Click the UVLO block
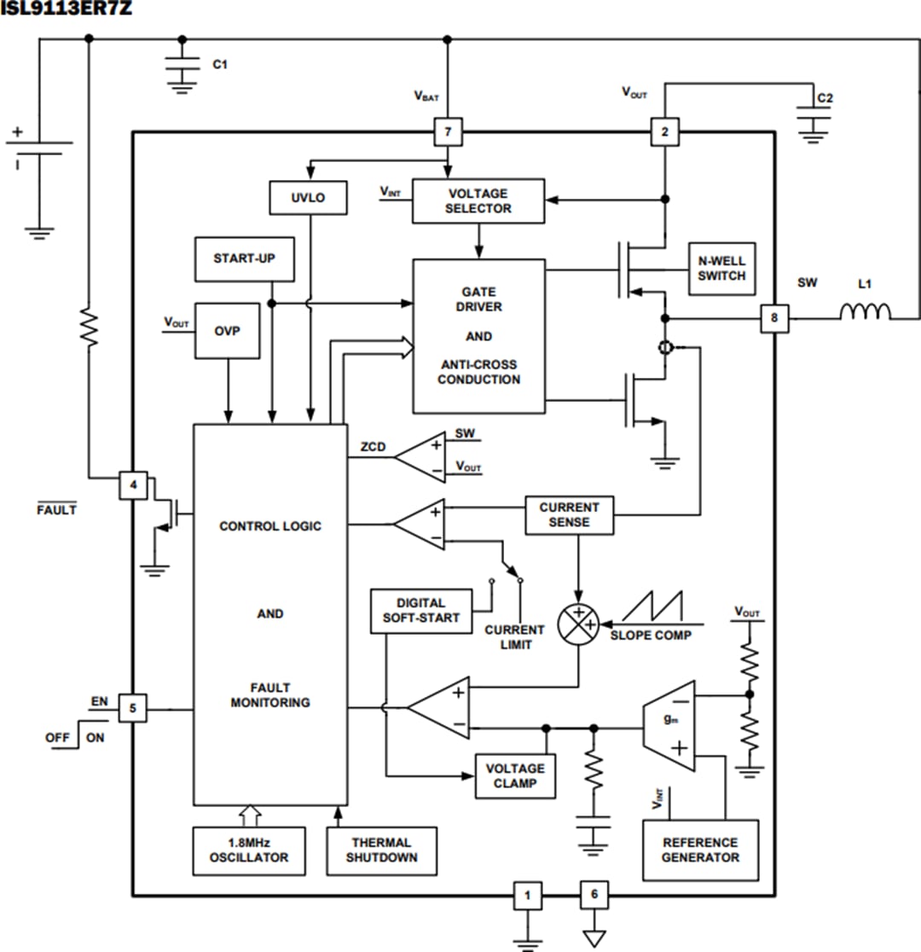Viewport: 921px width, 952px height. (x=309, y=198)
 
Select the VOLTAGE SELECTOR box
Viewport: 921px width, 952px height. (x=478, y=201)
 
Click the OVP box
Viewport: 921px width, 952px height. (x=227, y=329)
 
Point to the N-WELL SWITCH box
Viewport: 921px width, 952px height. (x=721, y=269)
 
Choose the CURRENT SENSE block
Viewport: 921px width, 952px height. (x=569, y=514)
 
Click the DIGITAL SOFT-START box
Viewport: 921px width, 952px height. (x=421, y=611)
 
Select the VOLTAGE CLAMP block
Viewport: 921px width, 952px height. (x=515, y=775)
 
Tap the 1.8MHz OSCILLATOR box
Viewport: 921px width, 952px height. (x=249, y=850)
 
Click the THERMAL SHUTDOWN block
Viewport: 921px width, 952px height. (x=381, y=850)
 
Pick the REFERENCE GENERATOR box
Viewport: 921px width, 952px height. (x=700, y=850)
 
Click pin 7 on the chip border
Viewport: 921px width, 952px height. (x=448, y=132)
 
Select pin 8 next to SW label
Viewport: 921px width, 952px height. (x=774, y=318)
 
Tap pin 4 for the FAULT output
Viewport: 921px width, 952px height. (x=132, y=485)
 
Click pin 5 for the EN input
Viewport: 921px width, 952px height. (x=132, y=708)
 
